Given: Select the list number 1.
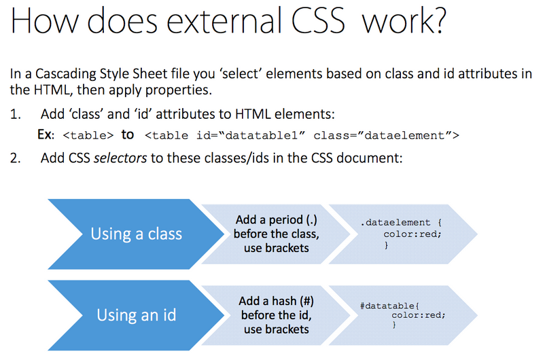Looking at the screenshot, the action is pos(16,114).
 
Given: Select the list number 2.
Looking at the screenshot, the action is pos(16,159).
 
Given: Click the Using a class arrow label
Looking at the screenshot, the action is pos(137,234).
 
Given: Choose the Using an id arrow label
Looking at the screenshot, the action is pos(137,315).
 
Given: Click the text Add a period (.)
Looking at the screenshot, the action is pos(275,220).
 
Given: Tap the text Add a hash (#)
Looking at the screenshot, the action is pos(276,301).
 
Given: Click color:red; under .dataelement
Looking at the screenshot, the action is pos(412,234).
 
